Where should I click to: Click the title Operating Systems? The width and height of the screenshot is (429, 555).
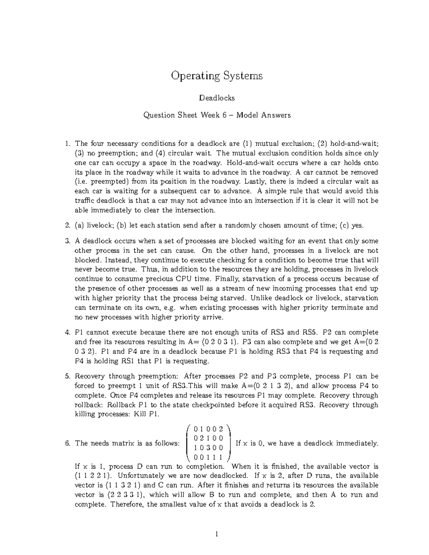pos(217,76)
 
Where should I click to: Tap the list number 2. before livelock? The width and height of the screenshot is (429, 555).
pos(68,226)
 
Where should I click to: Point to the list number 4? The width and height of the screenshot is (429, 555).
pos(68,332)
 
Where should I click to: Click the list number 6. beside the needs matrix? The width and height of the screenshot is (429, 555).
pos(68,443)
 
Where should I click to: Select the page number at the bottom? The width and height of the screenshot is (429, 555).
pos(217,535)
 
